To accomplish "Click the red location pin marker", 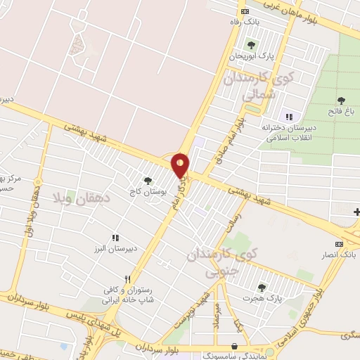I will pos(181,165).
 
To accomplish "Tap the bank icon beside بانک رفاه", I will pos(244,12).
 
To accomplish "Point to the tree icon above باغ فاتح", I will pos(342,101).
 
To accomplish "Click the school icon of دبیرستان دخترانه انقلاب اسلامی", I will pos(288,116).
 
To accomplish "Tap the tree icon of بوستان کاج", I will pos(147,181).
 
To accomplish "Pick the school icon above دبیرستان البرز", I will pos(115,238).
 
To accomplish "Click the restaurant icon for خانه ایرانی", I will pos(127,278).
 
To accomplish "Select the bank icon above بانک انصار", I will pos(340,244).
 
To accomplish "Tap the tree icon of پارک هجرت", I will pos(262,288).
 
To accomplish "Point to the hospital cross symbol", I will pos(356,212).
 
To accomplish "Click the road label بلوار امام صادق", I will pos(232,140).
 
